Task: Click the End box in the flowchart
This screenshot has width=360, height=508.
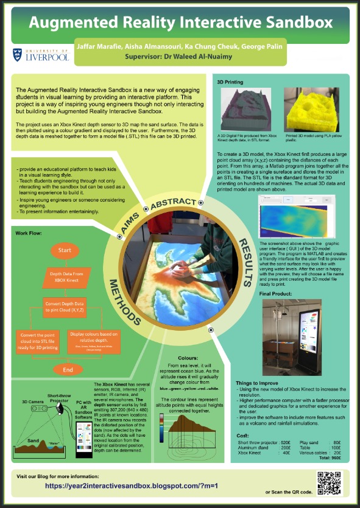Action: point(68,369)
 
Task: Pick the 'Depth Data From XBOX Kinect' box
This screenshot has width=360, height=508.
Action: point(65,278)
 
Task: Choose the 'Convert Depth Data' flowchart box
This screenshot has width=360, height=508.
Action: point(65,306)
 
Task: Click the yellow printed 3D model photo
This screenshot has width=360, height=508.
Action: point(309,109)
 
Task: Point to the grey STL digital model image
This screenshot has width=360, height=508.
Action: point(246,109)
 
